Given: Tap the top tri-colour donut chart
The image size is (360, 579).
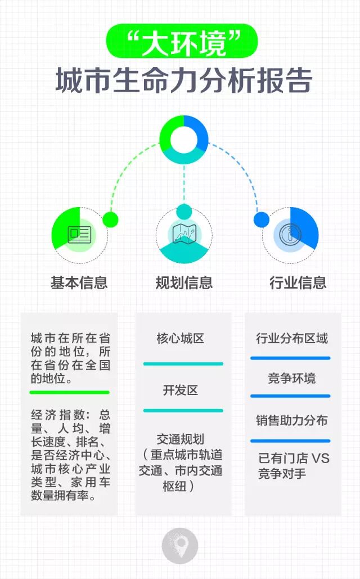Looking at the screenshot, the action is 183,139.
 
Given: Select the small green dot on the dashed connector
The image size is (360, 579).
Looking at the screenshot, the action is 111,219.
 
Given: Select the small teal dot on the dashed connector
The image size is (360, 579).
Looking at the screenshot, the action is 184,212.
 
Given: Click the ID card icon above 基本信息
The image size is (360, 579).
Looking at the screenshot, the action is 79,234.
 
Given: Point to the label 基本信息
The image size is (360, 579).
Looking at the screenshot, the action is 79,282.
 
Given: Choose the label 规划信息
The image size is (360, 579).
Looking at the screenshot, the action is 184,282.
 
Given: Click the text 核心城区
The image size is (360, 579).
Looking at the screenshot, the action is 180,339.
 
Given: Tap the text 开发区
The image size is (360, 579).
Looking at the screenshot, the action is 180,390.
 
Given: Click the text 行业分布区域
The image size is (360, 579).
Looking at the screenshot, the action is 291,339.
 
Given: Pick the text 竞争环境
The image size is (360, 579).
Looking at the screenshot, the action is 291,378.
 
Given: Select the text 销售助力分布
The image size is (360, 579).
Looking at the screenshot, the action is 291,420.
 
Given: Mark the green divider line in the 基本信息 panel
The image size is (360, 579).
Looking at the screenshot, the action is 70,392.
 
